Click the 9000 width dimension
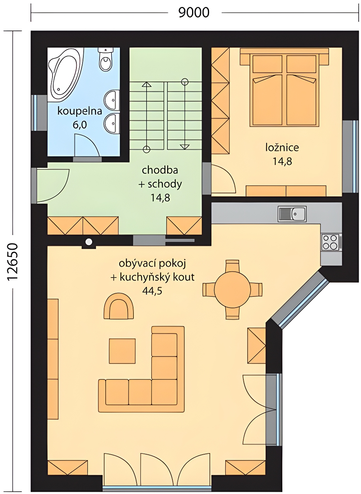pos(194,13)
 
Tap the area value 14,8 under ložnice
pos(282,161)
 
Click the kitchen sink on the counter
pos(292,213)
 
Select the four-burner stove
pos(330,242)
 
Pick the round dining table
pos(232,289)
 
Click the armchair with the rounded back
pos(118,306)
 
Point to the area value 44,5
pos(152,291)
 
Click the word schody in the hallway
pos(165,184)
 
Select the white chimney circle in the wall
pos(89,242)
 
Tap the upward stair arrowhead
pos(146,85)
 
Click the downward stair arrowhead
pos(184,147)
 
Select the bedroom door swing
pos(223,179)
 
